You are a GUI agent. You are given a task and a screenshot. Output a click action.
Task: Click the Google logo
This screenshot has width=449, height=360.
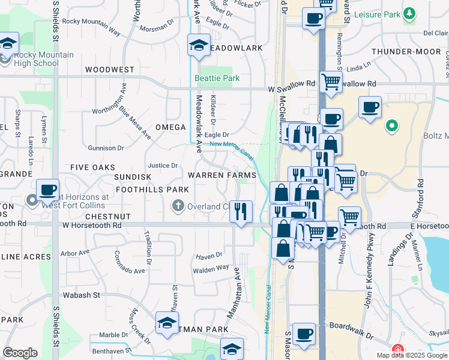point(20,353)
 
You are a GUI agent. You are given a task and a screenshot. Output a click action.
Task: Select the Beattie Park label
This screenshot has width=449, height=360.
point(217,79)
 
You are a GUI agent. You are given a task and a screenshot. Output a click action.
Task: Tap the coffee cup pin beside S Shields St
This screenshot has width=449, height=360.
point(47,191)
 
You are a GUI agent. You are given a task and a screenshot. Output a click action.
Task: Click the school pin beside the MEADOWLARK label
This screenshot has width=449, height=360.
point(199,45)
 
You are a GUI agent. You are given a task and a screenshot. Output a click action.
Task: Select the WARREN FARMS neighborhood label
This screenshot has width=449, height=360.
point(222,175)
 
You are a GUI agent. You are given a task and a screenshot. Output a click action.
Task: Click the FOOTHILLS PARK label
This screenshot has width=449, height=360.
point(152,190)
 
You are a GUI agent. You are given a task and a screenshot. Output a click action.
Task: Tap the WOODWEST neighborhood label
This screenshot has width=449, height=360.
point(110,70)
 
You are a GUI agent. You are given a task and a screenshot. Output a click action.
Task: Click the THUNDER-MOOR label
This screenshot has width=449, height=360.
point(406,52)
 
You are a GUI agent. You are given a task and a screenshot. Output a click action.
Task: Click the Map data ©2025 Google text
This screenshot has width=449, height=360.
point(412,355)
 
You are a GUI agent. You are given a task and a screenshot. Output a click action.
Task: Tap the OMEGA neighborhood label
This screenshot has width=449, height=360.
point(170,127)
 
